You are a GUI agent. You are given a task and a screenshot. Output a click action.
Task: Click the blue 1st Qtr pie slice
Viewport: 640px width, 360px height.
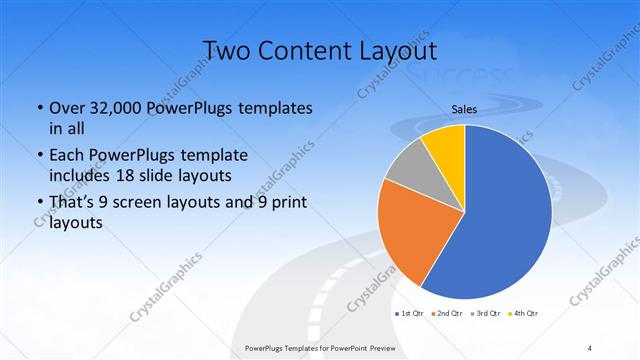(500, 220)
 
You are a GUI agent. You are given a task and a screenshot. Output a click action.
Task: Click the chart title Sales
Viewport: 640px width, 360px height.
(464, 110)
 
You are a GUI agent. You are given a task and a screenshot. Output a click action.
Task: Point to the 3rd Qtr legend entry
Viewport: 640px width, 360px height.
(487, 314)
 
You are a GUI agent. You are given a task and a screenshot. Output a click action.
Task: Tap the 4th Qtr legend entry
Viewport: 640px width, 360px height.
(525, 314)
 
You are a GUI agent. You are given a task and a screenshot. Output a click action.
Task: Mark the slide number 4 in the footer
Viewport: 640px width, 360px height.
(590, 347)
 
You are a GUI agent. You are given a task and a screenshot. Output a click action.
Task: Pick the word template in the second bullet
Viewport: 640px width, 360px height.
(210, 156)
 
